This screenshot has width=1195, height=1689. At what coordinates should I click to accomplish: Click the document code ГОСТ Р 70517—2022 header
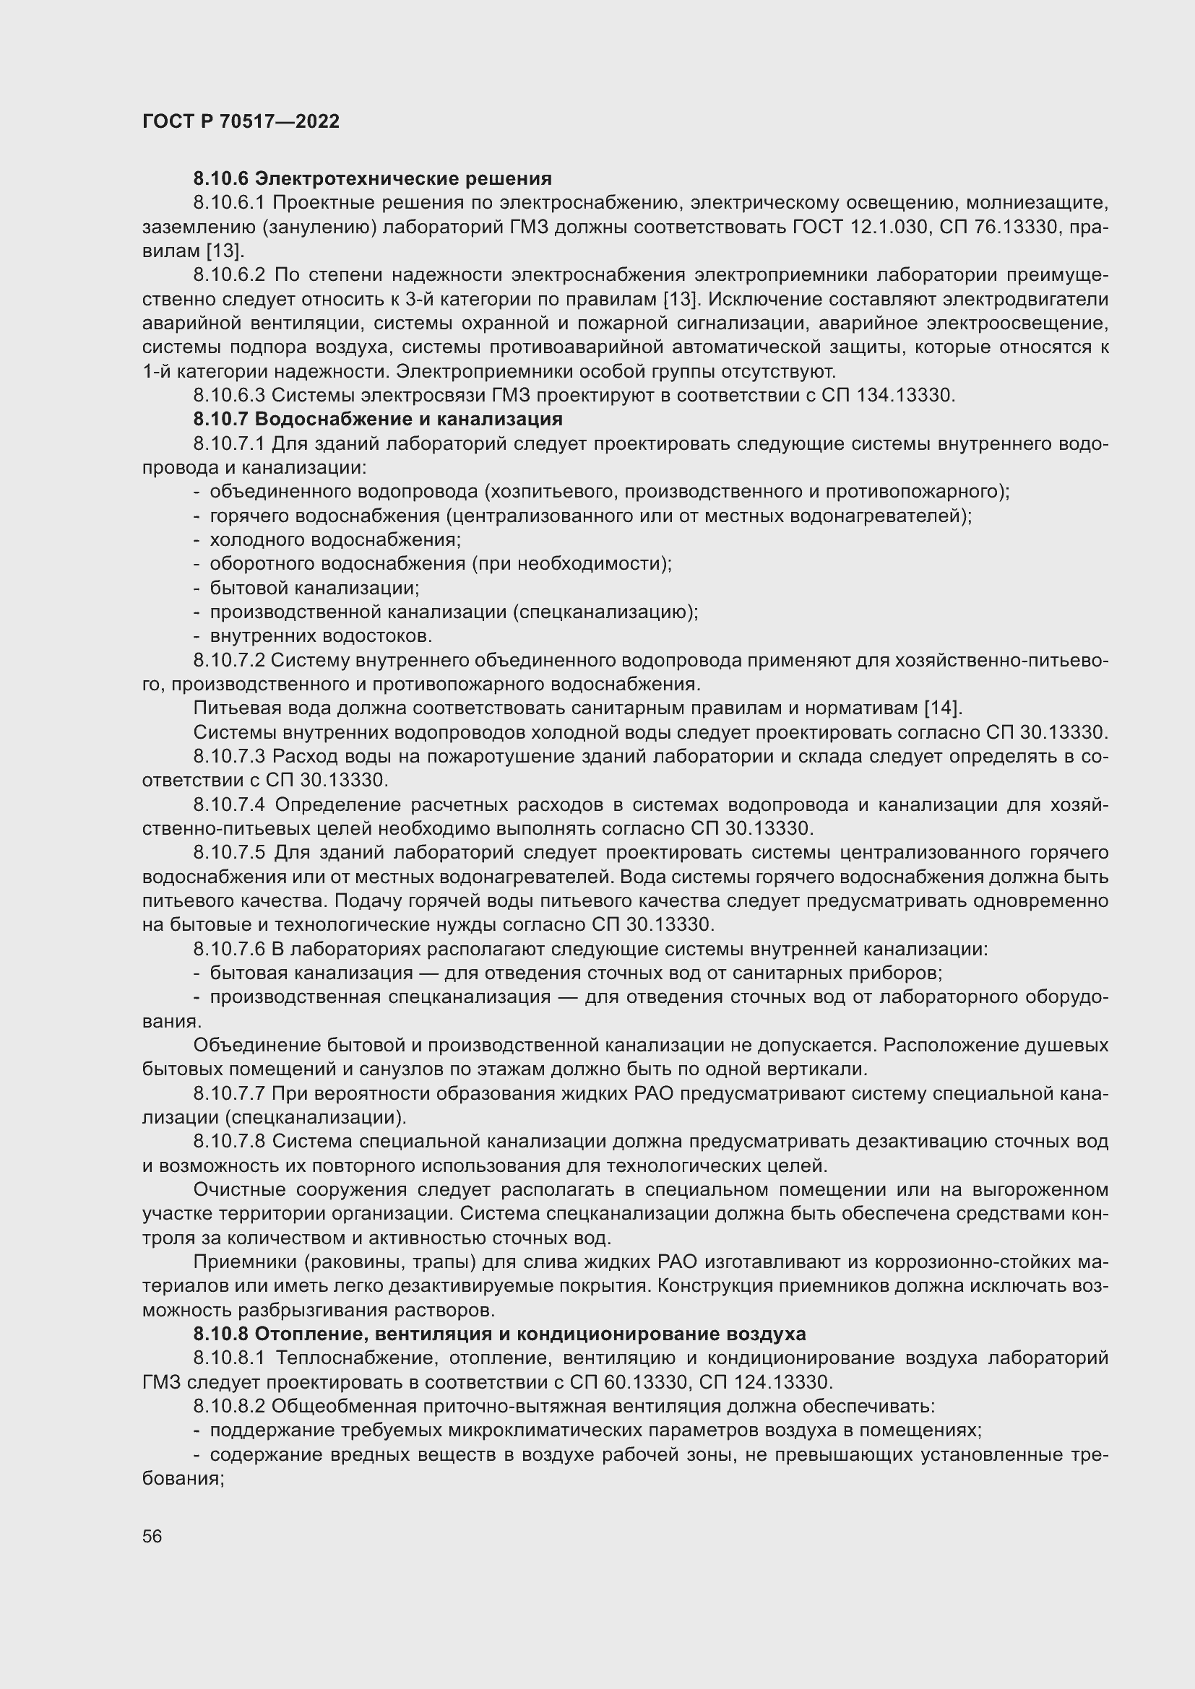(x=241, y=121)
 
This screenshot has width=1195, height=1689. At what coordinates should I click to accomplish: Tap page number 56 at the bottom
(x=152, y=1536)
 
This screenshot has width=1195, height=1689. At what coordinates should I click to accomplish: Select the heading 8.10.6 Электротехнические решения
(x=372, y=179)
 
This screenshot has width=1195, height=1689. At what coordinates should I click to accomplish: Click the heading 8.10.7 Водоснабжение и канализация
(x=377, y=420)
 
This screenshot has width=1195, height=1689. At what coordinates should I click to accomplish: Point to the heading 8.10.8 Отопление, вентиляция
(x=500, y=1334)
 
